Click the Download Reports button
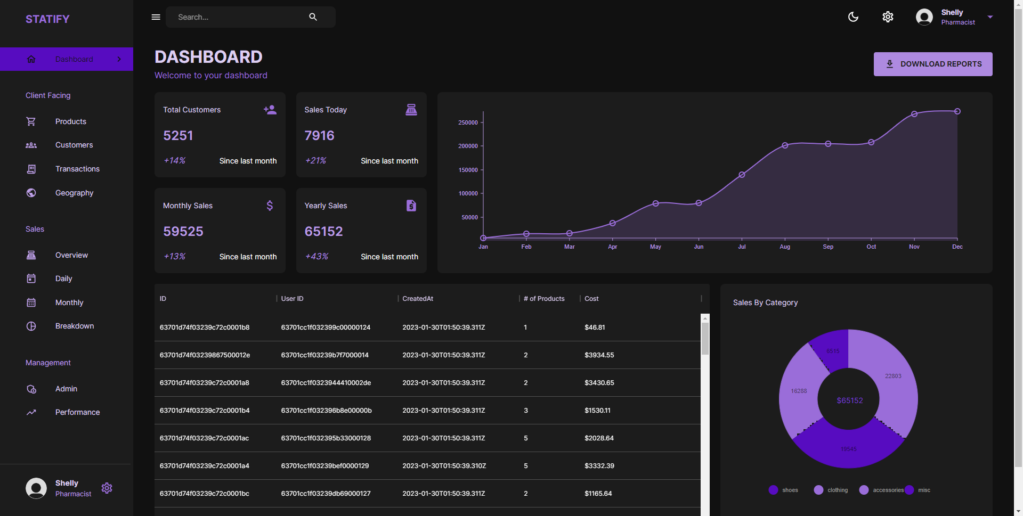pyautogui.click(x=932, y=64)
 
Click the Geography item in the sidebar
pyautogui.click(x=74, y=193)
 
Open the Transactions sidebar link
pyautogui.click(x=77, y=169)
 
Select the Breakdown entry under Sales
pyautogui.click(x=74, y=326)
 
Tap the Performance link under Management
pyautogui.click(x=77, y=412)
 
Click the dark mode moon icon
pyautogui.click(x=853, y=17)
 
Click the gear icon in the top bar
pyautogui.click(x=888, y=17)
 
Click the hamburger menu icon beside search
pyautogui.click(x=156, y=17)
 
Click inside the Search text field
pyautogui.click(x=240, y=17)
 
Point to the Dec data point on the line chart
pyautogui.click(x=957, y=111)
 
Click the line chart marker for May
pyautogui.click(x=655, y=203)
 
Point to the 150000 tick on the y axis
pyautogui.click(x=468, y=170)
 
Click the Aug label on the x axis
pyautogui.click(x=784, y=247)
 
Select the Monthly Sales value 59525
pyautogui.click(x=183, y=232)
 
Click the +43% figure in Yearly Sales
pyautogui.click(x=316, y=257)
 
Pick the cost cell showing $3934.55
pyautogui.click(x=599, y=355)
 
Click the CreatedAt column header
pyautogui.click(x=418, y=299)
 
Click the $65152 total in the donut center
pyautogui.click(x=849, y=400)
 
